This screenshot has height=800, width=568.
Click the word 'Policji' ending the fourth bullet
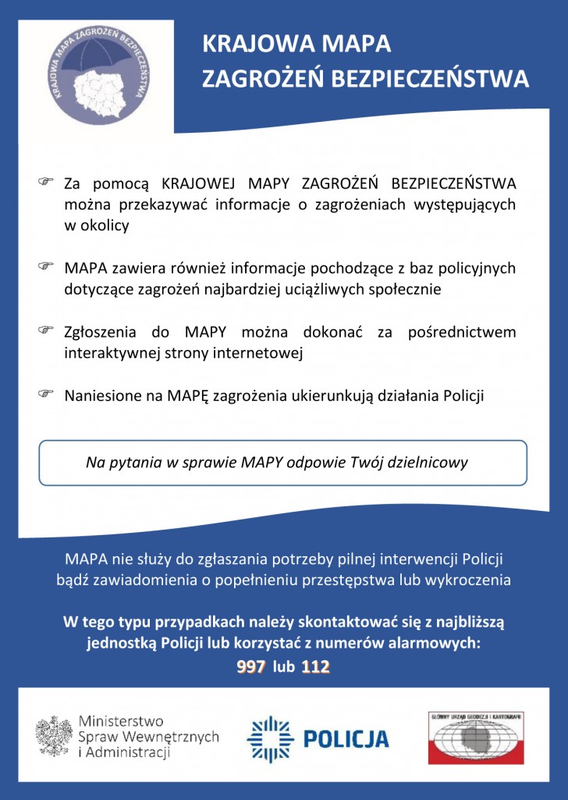463,395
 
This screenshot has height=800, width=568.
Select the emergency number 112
316,667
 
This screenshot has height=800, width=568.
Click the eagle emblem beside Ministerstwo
54,736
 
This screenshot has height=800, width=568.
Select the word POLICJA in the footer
346,738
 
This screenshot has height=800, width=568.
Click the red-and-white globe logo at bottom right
475,737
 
